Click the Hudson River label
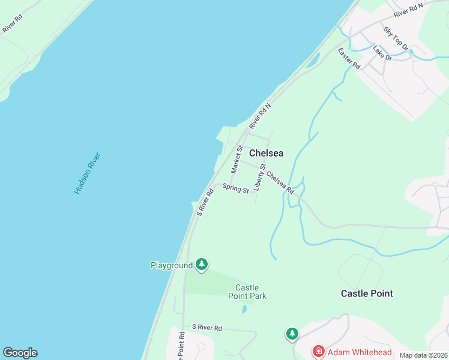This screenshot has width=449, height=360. point(87,173)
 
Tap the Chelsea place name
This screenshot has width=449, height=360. point(266,153)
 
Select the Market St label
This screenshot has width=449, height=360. point(237,159)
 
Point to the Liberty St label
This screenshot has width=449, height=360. point(259,177)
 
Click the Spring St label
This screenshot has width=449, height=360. point(235,188)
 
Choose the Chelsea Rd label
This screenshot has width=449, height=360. point(280,183)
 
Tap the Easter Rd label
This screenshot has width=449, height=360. point(348,58)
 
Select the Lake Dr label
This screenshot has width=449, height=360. point(382,53)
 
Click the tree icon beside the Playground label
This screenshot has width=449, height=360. point(202,265)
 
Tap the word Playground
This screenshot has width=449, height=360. point(171,265)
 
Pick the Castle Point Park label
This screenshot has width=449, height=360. point(247,292)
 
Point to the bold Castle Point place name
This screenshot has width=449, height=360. point(367,293)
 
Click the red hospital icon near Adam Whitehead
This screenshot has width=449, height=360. point(318,352)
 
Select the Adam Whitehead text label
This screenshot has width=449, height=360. point(360,352)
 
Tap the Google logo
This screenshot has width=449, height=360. point(20,353)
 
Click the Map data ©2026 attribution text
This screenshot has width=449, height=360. point(424,355)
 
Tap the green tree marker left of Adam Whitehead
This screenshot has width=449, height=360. point(292,333)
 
